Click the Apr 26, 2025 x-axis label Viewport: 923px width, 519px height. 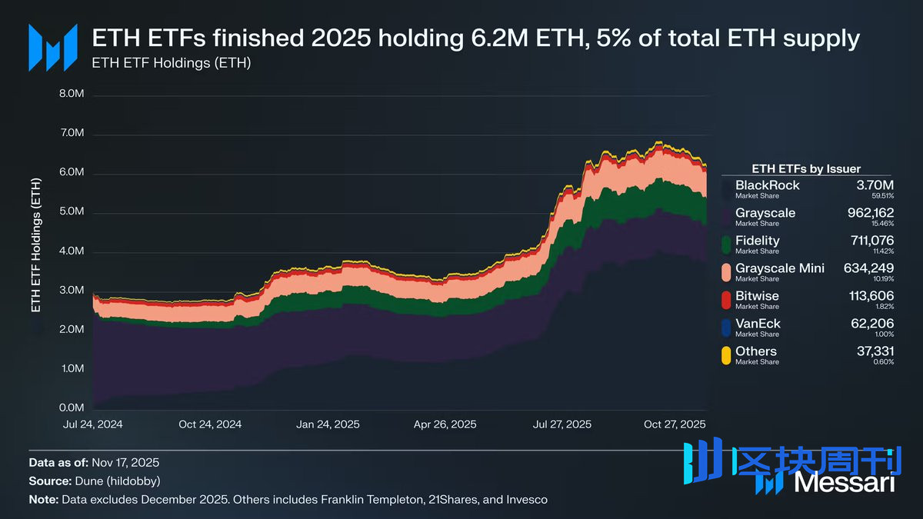pos(445,424)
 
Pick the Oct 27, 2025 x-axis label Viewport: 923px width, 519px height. pos(674,424)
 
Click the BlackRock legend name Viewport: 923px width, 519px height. pos(767,185)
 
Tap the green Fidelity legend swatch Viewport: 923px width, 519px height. pos(726,245)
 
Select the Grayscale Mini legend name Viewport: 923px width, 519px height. pos(779,268)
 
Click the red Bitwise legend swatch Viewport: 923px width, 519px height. pos(726,300)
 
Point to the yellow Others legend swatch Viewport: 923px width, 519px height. pos(726,355)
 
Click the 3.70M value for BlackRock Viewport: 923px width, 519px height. pos(876,185)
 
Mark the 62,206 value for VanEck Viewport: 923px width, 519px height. pos(872,324)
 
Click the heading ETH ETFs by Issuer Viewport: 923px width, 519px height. pos(805,168)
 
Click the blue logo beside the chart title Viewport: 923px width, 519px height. pos(52,48)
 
